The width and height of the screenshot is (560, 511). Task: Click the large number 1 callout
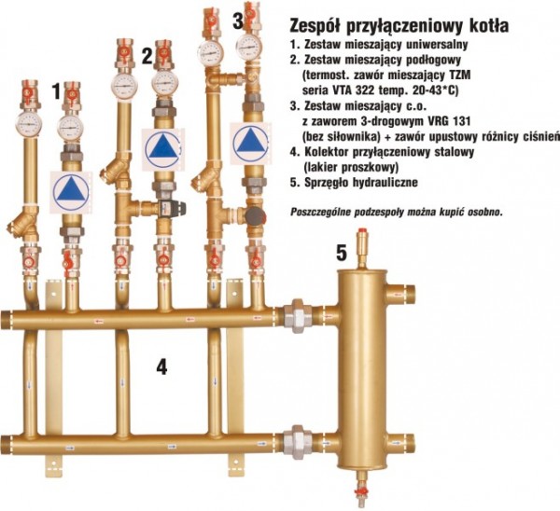[56, 91]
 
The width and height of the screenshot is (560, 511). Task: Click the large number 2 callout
[147, 56]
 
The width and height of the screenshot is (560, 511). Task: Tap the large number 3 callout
[238, 21]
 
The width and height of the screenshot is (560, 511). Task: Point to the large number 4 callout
[161, 366]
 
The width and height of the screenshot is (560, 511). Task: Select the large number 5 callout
[342, 254]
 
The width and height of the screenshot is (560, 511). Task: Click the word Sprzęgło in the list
[327, 183]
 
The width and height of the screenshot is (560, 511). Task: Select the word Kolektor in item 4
[327, 152]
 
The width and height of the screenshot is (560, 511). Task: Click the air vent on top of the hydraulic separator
[363, 246]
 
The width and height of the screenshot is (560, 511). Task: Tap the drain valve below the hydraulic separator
[361, 491]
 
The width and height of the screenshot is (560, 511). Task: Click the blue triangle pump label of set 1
[71, 192]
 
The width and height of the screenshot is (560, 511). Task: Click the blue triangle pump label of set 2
[162, 149]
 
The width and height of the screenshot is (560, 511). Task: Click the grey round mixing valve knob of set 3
[256, 214]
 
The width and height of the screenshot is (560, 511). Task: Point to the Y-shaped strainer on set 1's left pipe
[22, 224]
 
